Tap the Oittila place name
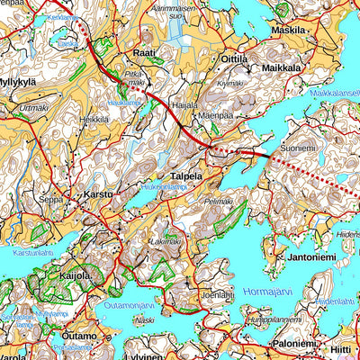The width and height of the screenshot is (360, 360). click(233, 58)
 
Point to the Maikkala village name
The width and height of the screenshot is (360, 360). click(281, 67)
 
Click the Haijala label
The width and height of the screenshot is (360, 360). click(184, 104)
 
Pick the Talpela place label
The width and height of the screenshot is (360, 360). click(186, 177)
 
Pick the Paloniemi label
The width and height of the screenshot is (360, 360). click(295, 343)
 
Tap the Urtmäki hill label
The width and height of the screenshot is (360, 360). click(32, 108)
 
